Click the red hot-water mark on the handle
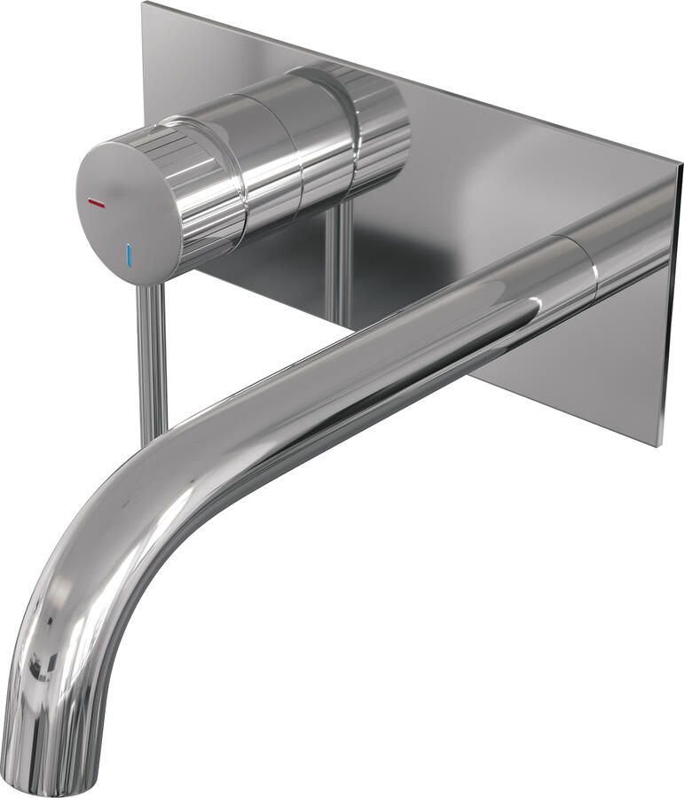[x=96, y=204]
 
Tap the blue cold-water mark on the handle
[x=130, y=254]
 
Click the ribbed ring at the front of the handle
[x=208, y=191]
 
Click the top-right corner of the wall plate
[x=678, y=167]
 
